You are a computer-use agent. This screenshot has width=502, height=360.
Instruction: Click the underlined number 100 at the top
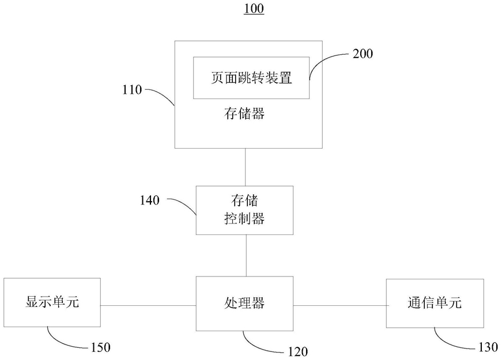(x=254, y=8)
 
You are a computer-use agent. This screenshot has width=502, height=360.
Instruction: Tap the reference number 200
(x=363, y=54)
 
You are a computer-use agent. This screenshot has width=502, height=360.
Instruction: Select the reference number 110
(x=132, y=90)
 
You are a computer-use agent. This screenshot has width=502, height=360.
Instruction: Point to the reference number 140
(x=149, y=200)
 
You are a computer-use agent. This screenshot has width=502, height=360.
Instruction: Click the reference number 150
(x=100, y=347)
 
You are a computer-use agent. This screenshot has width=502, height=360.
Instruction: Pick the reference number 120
(x=298, y=352)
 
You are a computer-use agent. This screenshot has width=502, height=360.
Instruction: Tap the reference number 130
(x=488, y=347)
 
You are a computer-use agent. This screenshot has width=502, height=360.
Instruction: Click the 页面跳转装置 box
(x=251, y=78)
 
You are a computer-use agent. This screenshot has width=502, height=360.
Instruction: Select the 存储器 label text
(x=244, y=113)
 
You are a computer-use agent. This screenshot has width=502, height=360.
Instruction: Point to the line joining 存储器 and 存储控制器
(x=246, y=167)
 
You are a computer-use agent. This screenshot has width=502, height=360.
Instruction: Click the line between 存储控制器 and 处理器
(x=246, y=256)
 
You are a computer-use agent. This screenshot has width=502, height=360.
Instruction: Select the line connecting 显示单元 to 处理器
(x=148, y=305)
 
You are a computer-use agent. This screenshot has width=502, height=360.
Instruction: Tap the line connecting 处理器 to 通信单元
(x=339, y=305)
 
